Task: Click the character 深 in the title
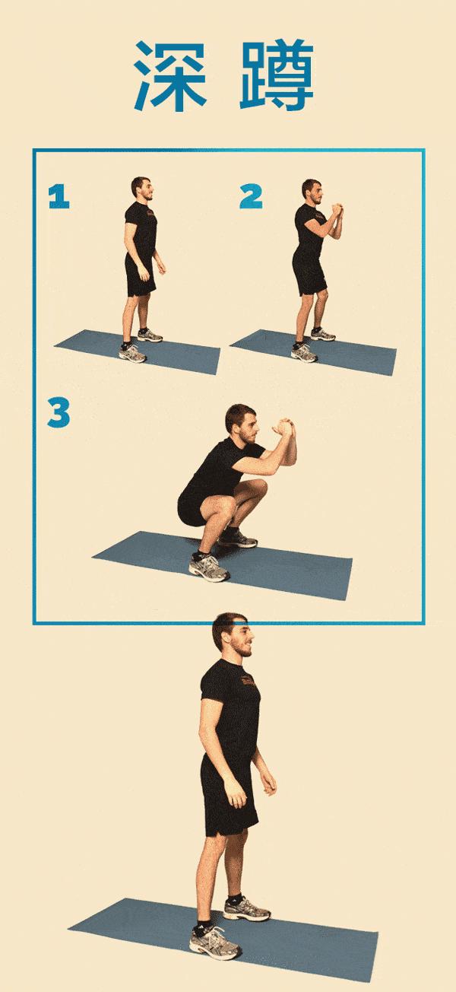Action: coord(169,75)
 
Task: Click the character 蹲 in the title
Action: coord(277,75)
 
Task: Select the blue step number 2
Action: coord(251,196)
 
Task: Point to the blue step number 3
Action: coord(59,413)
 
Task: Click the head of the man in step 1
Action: coord(142,189)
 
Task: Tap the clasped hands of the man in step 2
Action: coord(337,209)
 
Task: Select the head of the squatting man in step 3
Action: coord(242,424)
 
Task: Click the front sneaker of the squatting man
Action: coord(209,568)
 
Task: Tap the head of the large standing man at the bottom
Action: coord(233,635)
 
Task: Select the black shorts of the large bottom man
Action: coord(229,797)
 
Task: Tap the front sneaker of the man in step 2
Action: coord(304,353)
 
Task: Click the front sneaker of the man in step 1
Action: coord(132,354)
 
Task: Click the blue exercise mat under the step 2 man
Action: coord(314,352)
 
